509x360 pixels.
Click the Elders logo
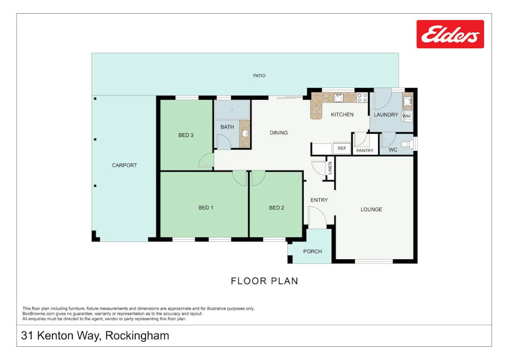(450, 34)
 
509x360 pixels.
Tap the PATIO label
(259, 76)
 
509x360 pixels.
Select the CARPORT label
(124, 165)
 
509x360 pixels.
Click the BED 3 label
(186, 135)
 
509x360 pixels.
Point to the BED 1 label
(206, 207)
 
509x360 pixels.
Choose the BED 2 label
(276, 207)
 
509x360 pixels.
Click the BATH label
(227, 127)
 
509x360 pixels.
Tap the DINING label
(279, 133)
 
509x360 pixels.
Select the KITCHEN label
(342, 115)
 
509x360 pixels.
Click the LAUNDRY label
(386, 115)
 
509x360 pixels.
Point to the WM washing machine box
(407, 116)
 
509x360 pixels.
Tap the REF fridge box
(341, 148)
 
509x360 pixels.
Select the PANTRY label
(365, 151)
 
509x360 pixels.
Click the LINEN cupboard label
(330, 167)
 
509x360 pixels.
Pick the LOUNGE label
(371, 210)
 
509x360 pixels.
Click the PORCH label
(312, 251)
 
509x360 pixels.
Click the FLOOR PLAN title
(264, 281)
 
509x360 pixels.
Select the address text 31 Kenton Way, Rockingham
(95, 336)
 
